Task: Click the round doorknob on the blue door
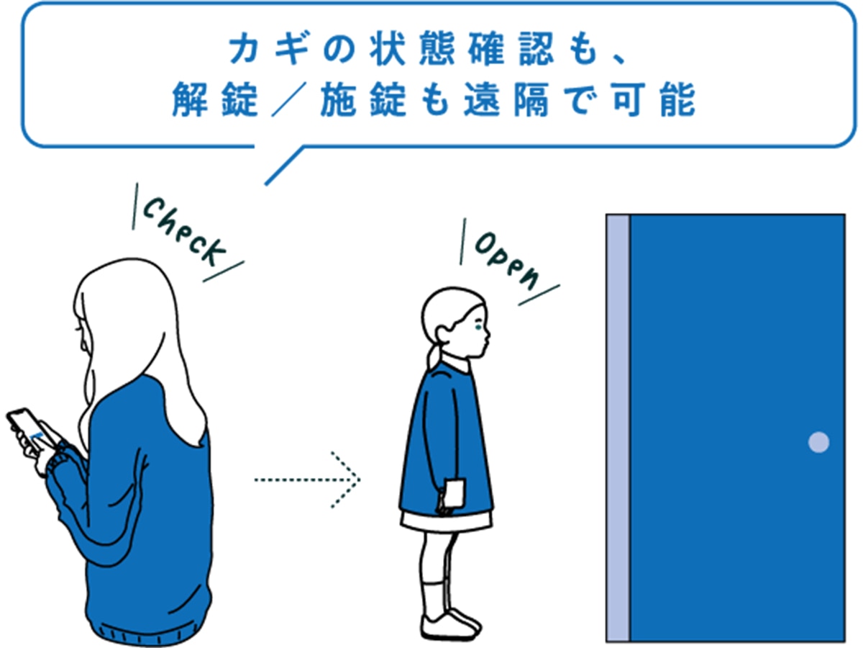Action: [818, 442]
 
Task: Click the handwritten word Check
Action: [184, 231]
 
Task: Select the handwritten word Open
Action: [507, 261]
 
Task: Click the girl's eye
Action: [478, 326]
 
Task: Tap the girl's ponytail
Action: [435, 357]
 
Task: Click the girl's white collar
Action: [456, 363]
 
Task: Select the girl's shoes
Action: [450, 625]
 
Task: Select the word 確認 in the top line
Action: [511, 49]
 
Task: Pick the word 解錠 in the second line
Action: [214, 99]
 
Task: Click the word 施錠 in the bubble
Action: [363, 99]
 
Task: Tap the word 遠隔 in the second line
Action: [506, 99]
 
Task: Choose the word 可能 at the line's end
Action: [654, 99]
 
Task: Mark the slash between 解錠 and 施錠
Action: [289, 99]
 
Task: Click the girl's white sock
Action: [435, 599]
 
